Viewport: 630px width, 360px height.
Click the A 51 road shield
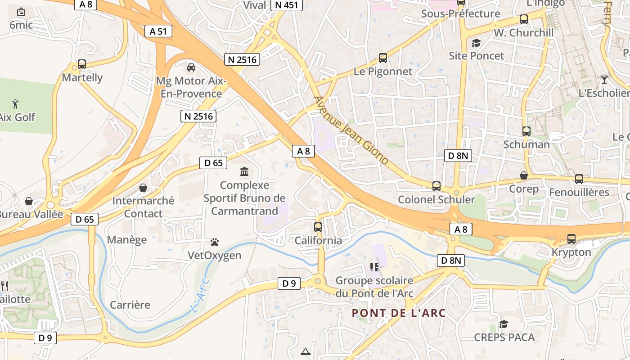coord(158,31)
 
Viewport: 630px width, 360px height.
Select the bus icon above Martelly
coord(81,64)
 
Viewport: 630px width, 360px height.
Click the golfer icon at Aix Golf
coord(16,103)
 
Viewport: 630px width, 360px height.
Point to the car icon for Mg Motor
coord(191,67)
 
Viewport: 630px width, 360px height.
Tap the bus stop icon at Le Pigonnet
coord(382,58)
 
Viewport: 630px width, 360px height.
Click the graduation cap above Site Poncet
coord(476,43)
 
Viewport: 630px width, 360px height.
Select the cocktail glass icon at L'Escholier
coord(604,80)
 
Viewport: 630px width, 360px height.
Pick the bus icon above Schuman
coord(526,131)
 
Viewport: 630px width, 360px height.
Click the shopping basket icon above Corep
coord(524,175)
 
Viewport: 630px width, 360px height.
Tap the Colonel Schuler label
coord(436,199)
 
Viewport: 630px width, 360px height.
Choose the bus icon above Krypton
coord(571,239)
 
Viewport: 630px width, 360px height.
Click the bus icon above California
coord(318,227)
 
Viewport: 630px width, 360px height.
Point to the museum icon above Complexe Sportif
coord(244,171)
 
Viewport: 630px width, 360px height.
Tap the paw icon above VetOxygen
coord(215,243)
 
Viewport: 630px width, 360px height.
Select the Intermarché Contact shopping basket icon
coord(143,188)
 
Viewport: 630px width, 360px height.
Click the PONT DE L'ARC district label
coord(399,313)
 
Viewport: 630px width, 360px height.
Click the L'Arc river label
coord(200,295)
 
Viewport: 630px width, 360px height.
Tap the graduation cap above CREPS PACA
coord(504,324)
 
